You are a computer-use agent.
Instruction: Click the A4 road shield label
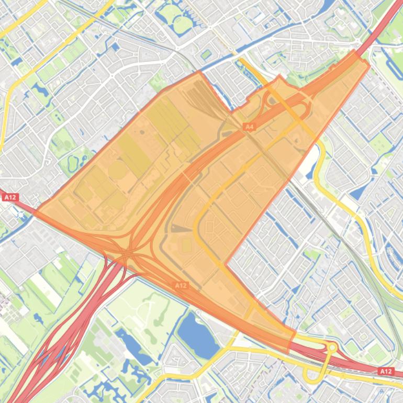coord(249,127)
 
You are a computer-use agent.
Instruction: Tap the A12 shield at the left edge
coord(10,197)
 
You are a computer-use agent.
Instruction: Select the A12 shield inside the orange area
coord(181,285)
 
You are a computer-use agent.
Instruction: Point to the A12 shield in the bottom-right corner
coord(385,371)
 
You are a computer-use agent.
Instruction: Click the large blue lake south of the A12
coord(197,334)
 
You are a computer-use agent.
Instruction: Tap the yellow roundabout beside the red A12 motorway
coord(332,347)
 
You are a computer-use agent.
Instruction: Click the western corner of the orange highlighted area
coord(37,212)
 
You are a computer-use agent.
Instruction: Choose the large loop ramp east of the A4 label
coord(285,107)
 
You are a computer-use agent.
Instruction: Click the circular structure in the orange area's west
coord(118,170)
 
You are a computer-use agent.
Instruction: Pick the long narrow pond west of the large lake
coord(128,345)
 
